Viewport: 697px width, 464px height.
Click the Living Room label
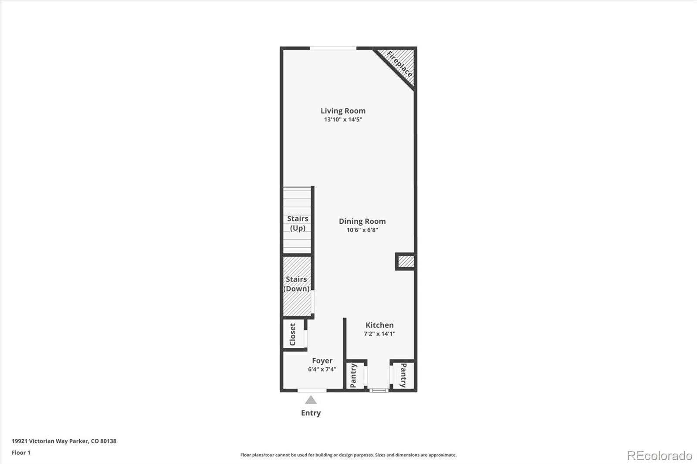click(343, 111)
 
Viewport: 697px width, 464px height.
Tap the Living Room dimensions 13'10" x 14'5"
click(343, 119)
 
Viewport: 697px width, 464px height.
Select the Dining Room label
click(362, 221)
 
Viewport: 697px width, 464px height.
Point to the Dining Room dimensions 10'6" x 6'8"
click(362, 230)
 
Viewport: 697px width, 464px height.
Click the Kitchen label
click(379, 325)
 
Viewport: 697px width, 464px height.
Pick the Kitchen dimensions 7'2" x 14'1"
click(379, 334)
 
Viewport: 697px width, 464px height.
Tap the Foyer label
click(322, 361)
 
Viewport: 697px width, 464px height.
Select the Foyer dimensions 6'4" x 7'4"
click(322, 370)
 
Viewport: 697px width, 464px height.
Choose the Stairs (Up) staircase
click(297, 220)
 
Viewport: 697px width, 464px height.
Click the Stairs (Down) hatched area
click(297, 285)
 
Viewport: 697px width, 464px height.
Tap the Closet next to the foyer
click(293, 334)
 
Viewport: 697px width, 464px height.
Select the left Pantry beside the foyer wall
click(354, 375)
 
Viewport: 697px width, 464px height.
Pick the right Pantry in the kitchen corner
click(403, 375)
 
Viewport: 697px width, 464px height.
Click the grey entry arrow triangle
click(311, 400)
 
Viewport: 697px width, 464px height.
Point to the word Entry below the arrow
click(311, 413)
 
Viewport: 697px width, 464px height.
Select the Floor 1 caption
click(21, 453)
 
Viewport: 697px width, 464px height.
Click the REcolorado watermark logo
click(659, 456)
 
